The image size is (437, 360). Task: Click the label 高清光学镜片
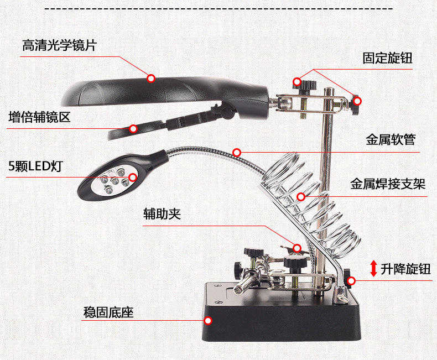[x=59, y=45]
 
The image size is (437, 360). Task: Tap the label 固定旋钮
[x=387, y=58]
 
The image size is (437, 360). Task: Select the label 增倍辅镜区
[x=39, y=117]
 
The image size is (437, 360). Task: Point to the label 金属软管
[x=391, y=140]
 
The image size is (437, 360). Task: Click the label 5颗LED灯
[x=34, y=165]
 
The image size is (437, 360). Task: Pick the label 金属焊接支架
[x=388, y=184]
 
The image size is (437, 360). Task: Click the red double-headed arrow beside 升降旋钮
[x=373, y=269]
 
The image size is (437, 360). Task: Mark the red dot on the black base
[x=209, y=320]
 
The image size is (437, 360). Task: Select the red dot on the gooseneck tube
[x=237, y=152]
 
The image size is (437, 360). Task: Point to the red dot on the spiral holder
[x=301, y=196]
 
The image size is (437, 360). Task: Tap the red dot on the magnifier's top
[x=150, y=78]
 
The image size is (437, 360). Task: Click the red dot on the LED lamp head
[x=133, y=178]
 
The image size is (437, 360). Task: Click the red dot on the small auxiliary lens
[x=133, y=129]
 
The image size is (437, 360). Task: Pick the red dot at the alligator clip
[x=297, y=248]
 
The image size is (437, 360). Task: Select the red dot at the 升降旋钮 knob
[x=351, y=280]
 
